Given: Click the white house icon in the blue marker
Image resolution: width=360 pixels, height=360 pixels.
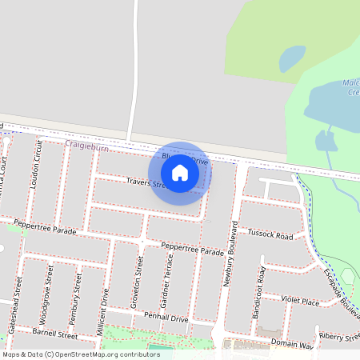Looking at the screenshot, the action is point(180,173).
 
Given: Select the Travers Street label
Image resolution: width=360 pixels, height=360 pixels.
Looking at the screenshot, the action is point(146,184).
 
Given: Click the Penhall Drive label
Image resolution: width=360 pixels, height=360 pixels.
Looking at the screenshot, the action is point(166,318).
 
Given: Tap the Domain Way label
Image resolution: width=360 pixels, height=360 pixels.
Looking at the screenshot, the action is point(291,345).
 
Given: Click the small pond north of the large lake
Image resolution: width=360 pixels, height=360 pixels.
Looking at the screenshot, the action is point(291,58).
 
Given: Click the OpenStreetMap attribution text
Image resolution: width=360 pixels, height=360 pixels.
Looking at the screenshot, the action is point(81,354).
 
